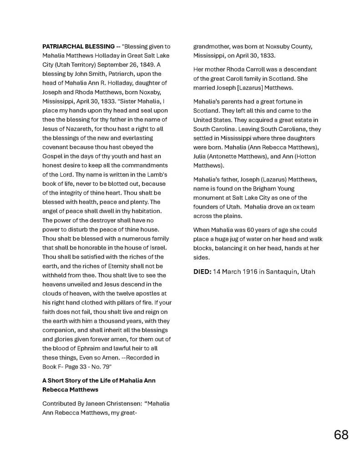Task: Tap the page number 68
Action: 341,435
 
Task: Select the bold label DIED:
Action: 202,272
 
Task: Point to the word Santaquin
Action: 282,272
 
